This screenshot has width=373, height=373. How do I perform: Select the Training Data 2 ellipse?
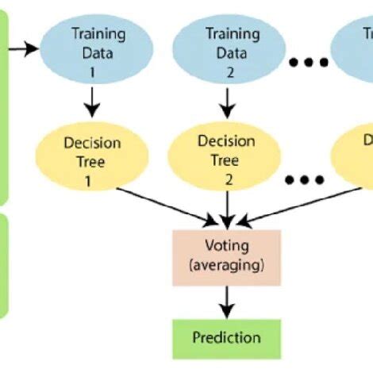tap(229, 48)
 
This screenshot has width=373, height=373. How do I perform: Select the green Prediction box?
tap(227, 338)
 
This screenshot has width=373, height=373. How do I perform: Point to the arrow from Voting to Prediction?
tap(228, 301)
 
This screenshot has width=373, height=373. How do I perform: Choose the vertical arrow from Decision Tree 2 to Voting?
tap(228, 208)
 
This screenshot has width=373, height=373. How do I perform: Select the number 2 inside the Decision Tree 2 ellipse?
tap(229, 179)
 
